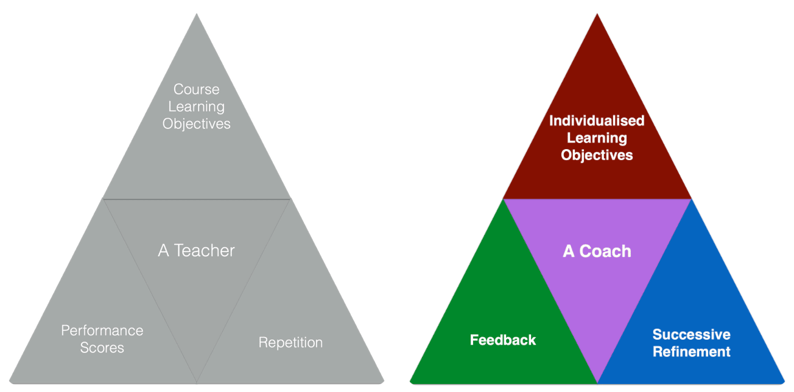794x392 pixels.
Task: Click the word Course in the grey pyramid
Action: [196, 89]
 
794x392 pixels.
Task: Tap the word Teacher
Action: [205, 250]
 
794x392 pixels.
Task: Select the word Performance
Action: [102, 331]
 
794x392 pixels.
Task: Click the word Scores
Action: [102, 348]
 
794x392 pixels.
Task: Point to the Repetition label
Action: [290, 343]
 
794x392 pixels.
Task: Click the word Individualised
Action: [597, 121]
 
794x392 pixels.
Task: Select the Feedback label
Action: [503, 340]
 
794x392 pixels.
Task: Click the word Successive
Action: [691, 334]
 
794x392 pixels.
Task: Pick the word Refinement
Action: [691, 352]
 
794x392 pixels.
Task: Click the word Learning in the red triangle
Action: [597, 138]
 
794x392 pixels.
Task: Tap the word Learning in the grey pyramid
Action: [196, 107]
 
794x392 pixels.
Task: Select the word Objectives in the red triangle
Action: [597, 155]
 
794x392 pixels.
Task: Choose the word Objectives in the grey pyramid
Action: [196, 124]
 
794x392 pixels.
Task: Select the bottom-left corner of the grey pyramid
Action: [10, 382]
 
